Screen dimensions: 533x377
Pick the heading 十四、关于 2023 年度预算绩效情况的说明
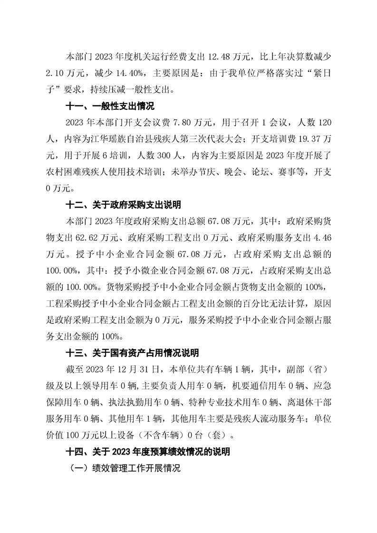[148, 451]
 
